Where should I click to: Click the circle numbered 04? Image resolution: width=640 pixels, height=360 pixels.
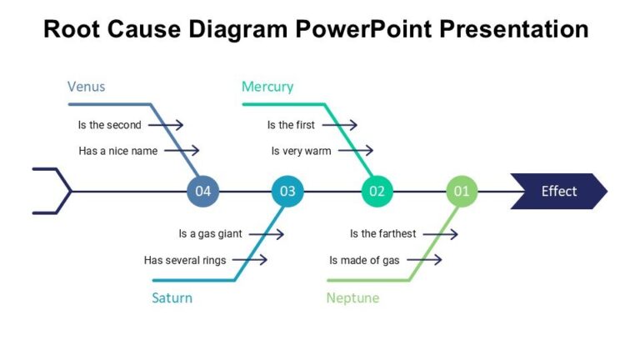click(x=203, y=192)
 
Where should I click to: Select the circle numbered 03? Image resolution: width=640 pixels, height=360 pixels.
click(x=287, y=192)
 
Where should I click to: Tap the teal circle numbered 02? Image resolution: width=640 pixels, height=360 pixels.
click(x=377, y=192)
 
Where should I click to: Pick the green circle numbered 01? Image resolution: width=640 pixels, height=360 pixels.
click(x=462, y=192)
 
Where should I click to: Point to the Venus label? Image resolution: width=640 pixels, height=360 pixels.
click(x=86, y=87)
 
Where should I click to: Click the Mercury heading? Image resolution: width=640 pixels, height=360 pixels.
click(x=267, y=87)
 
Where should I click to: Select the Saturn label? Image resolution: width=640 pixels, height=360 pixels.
click(x=172, y=297)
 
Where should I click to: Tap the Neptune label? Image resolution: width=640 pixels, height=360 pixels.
click(x=352, y=297)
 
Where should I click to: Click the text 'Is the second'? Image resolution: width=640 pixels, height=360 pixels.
click(x=109, y=125)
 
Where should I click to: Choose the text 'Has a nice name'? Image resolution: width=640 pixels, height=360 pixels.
click(x=118, y=151)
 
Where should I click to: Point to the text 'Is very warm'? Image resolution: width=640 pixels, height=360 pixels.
click(x=301, y=151)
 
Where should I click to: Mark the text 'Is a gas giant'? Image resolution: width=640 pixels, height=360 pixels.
click(x=210, y=234)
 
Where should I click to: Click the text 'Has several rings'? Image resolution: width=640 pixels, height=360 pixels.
click(x=185, y=260)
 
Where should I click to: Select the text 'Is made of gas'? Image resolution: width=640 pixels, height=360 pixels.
click(x=364, y=260)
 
